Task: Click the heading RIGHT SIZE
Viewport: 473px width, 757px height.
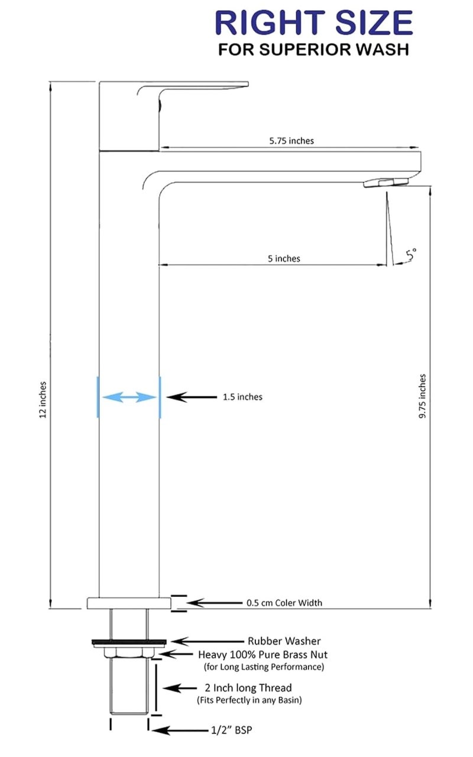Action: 314,22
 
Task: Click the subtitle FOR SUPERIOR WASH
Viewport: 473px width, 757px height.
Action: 314,49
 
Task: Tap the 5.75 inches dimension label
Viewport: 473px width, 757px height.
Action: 291,141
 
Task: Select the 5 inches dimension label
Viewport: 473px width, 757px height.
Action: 284,258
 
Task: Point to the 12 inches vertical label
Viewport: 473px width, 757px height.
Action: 43,400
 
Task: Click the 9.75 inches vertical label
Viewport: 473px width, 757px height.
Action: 422,396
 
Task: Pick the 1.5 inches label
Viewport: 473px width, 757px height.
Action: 242,397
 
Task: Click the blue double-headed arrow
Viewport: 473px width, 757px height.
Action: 129,397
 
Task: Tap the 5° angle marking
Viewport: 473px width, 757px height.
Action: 411,254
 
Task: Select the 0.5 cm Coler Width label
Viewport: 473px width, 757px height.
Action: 284,603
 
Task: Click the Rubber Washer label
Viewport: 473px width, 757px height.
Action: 284,641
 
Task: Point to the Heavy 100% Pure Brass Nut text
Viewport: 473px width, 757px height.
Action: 263,655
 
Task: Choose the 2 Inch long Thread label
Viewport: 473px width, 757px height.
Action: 248,688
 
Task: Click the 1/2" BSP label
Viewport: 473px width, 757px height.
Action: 232,730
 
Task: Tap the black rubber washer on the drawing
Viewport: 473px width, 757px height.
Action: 129,641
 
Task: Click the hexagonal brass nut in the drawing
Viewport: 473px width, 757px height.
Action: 129,652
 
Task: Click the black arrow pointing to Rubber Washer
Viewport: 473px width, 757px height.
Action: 208,641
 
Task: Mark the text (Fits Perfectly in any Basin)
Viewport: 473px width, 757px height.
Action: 250,700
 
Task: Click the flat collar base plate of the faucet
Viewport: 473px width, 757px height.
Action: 129,603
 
